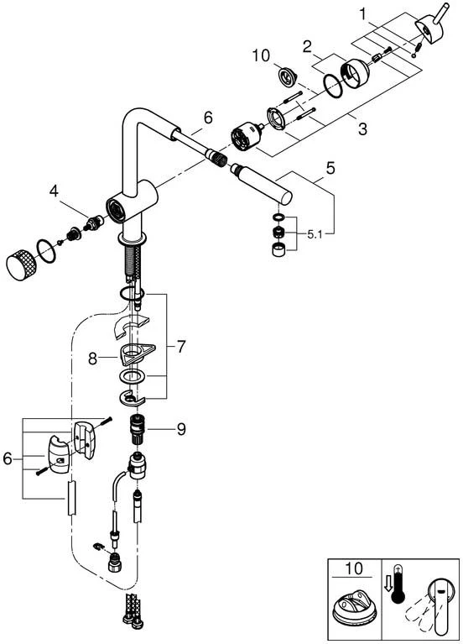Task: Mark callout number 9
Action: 180,428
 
